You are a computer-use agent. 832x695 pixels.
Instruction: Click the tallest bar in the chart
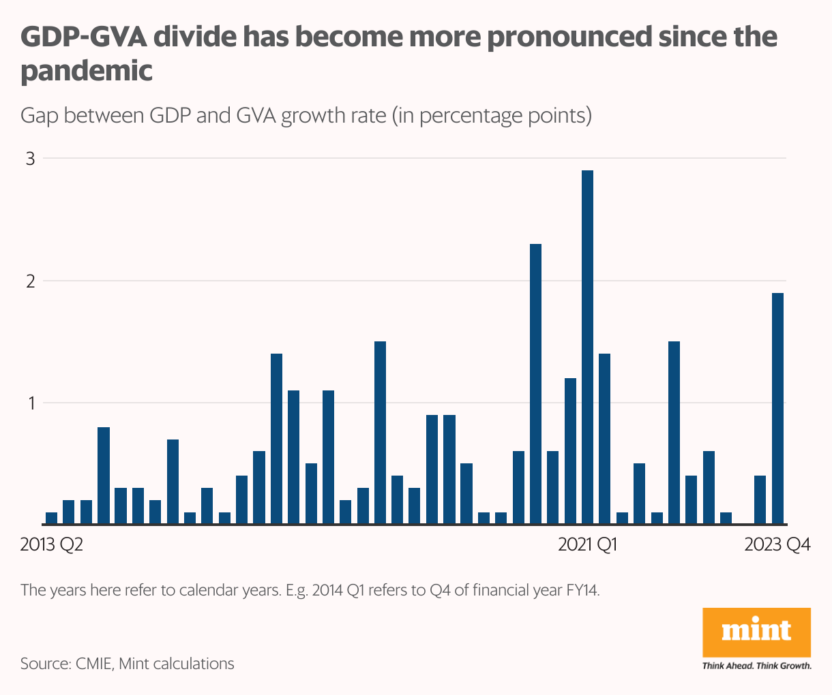coord(587,347)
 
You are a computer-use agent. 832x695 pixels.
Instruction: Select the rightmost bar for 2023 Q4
coord(777,409)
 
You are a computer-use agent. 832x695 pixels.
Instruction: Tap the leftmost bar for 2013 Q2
coord(51,519)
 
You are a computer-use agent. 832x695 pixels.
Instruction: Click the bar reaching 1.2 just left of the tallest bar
coord(570,451)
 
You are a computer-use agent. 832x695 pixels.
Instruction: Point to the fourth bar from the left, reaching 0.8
coord(104,476)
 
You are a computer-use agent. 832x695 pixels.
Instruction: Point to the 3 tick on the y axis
coord(30,159)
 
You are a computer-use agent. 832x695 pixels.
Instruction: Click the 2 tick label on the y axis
coord(30,281)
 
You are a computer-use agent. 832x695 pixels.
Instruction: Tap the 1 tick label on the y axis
coord(30,403)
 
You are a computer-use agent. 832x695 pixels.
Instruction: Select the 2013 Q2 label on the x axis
coord(52,545)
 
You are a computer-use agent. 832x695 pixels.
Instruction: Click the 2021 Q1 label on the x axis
coord(587,545)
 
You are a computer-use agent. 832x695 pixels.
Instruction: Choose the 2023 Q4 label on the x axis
coord(777,545)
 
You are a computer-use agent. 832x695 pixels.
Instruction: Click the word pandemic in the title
coord(87,71)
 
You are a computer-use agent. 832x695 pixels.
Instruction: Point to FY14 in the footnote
coord(582,590)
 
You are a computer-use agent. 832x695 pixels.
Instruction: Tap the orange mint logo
coord(756,632)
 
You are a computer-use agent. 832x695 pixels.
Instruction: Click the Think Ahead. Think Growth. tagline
coord(756,666)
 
